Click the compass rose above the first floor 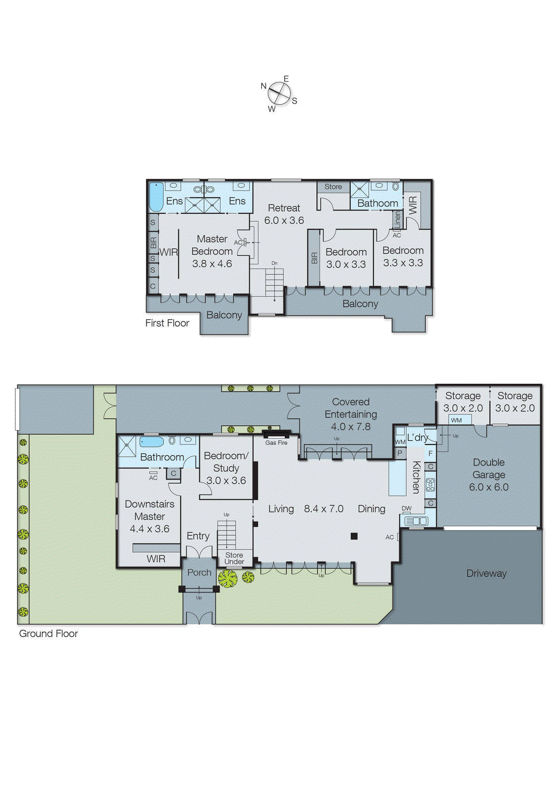(279, 93)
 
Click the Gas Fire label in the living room (276, 443)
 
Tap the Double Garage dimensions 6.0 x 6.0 (488, 487)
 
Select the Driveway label (486, 573)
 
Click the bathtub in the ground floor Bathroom (151, 441)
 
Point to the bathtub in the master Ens (156, 197)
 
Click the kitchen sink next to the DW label (416, 520)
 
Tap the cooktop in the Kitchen (431, 484)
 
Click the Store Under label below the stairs (234, 558)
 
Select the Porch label (199, 572)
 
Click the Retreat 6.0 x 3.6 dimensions (284, 220)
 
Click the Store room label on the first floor (333, 187)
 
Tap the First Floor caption (167, 323)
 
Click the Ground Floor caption (48, 633)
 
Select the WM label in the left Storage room (456, 420)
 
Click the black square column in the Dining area (354, 536)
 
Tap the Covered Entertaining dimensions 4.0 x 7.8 (351, 427)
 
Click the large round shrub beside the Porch (228, 578)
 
